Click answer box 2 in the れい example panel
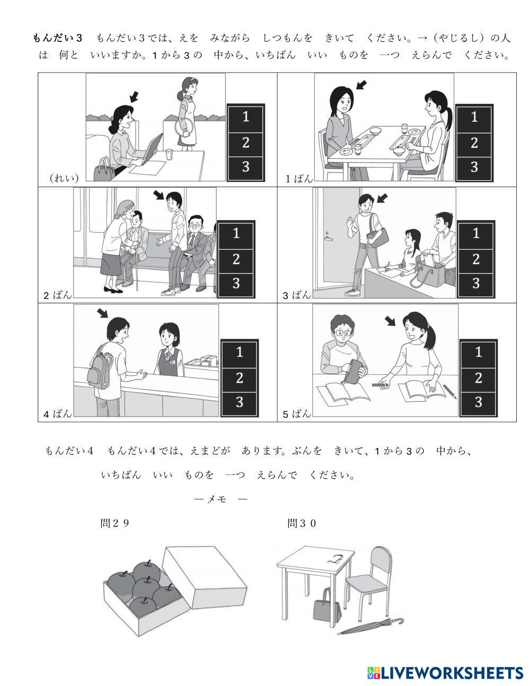tap(246, 144)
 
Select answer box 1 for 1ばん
tap(474, 118)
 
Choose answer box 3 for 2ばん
tap(236, 284)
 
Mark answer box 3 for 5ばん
tap(478, 403)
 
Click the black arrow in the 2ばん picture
tap(158, 195)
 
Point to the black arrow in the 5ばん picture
tap(391, 321)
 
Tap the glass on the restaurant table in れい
tap(170, 154)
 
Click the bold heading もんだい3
tap(57, 38)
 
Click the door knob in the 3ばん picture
tap(328, 238)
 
